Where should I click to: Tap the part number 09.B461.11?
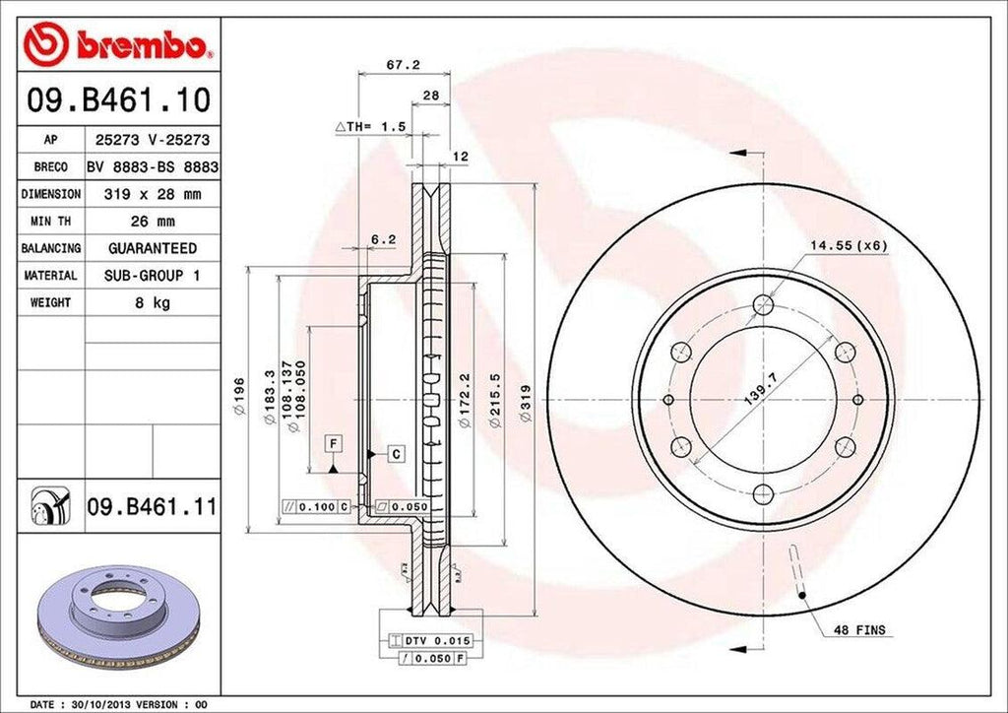(x=152, y=508)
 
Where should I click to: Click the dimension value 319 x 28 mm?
(x=152, y=194)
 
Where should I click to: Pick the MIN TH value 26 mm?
(x=152, y=222)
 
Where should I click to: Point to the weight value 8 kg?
(x=152, y=303)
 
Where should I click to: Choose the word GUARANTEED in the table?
(x=152, y=248)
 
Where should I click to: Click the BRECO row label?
(x=50, y=167)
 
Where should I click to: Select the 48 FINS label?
(x=859, y=629)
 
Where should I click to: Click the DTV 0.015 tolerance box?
(x=425, y=640)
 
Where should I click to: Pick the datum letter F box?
(x=335, y=443)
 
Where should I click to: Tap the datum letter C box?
(x=395, y=454)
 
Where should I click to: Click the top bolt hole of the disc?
(x=764, y=305)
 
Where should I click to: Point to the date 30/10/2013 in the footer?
(x=105, y=705)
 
